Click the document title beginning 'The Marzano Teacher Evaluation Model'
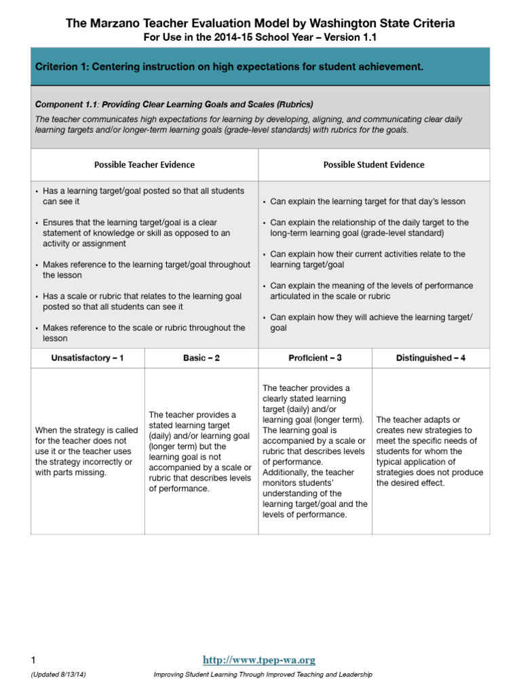click(260, 24)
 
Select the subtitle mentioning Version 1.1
click(260, 37)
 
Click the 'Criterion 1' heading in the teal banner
click(229, 67)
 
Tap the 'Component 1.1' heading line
click(174, 105)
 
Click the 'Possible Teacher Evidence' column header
click(144, 165)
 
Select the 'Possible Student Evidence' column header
click(373, 165)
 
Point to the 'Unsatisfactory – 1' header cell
click(88, 358)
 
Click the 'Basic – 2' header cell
click(201, 358)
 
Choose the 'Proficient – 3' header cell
click(315, 358)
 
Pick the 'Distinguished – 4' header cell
click(431, 358)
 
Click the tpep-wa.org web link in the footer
click(260, 660)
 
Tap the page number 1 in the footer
click(33, 660)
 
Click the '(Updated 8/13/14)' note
click(58, 675)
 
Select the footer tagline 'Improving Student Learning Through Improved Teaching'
click(263, 675)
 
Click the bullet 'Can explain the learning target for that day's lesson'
click(368, 202)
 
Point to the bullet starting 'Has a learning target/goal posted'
click(142, 196)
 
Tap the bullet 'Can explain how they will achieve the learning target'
click(371, 322)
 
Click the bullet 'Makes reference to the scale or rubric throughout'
click(142, 333)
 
